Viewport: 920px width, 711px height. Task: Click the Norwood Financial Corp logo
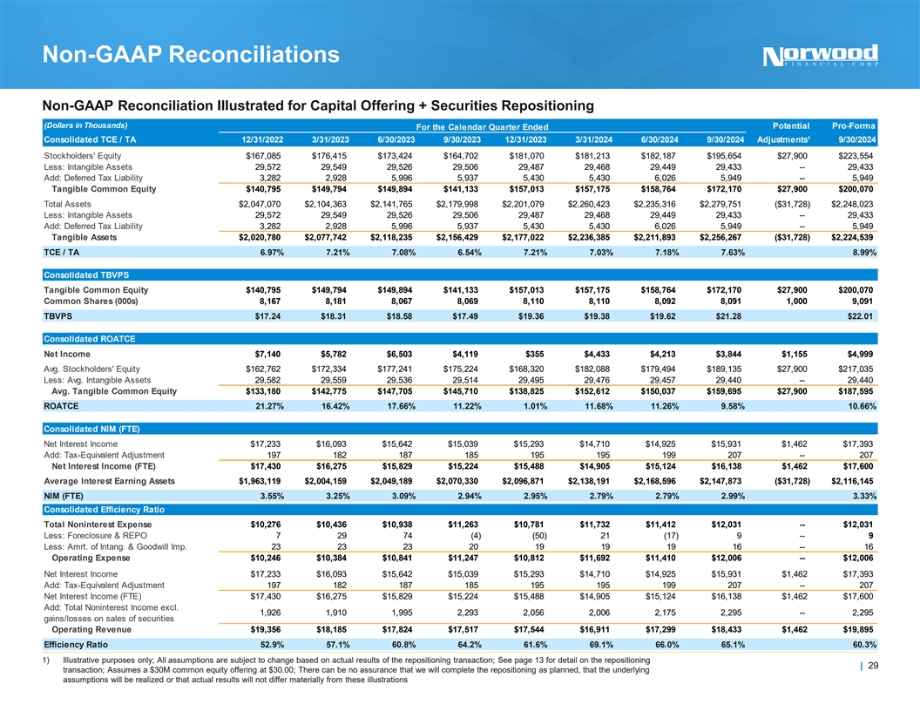click(x=821, y=55)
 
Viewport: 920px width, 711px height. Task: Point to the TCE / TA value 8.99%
click(x=860, y=253)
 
